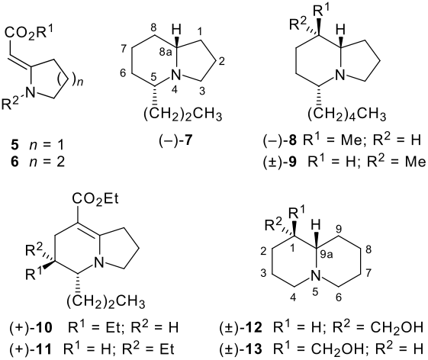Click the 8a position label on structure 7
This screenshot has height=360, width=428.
166,52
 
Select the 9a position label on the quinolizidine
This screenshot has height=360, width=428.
327,255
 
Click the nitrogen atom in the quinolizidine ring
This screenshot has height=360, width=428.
316,276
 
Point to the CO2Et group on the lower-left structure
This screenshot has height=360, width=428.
95,199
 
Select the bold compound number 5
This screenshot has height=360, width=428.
15,144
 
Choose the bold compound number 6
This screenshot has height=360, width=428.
15,162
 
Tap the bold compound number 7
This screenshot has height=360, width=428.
188,141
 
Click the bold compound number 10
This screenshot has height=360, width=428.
43,327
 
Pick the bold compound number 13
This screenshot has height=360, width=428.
253,349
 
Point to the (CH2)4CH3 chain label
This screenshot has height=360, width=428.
347,115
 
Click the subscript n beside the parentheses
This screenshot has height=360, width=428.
79,82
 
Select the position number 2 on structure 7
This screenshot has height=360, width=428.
222,61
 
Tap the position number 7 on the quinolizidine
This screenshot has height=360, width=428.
368,272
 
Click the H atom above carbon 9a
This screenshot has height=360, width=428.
316,226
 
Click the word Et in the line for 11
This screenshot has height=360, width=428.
167,349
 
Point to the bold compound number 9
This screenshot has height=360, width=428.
293,162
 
